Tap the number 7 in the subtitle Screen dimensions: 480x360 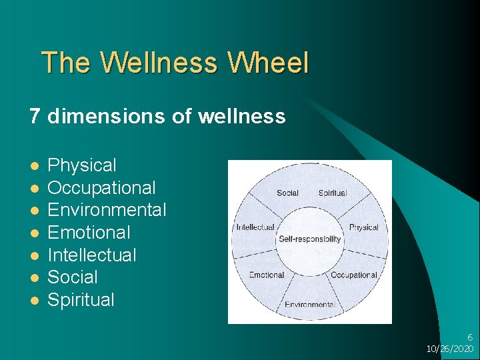tap(35, 117)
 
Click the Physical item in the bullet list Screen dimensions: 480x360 tap(82, 165)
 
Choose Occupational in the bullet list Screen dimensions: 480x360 tap(101, 188)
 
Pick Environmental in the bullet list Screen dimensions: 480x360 tap(107, 210)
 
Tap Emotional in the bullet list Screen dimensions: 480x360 tap(89, 233)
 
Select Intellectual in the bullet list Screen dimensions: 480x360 tap(92, 255)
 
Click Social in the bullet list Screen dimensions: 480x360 tap(73, 277)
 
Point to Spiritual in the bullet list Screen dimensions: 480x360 tap(81, 300)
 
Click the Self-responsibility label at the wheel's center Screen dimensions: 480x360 tap(310, 239)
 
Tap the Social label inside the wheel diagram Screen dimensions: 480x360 tap(287, 193)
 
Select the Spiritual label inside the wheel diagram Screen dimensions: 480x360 tap(333, 193)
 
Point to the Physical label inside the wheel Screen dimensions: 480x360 tap(363, 227)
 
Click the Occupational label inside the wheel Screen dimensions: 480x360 tap(354, 275)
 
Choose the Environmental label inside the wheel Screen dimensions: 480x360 tap(309, 305)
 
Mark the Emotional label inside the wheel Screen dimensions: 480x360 tap(266, 275)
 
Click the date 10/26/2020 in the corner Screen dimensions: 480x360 tap(450, 349)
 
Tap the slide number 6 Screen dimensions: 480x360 tap(469, 338)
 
